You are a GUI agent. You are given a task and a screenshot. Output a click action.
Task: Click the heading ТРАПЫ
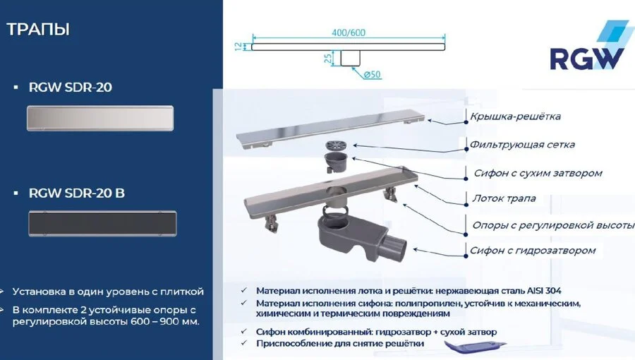[38, 30]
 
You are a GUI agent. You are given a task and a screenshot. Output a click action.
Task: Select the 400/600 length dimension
[348, 33]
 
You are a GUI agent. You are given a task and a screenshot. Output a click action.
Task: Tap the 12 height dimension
[238, 46]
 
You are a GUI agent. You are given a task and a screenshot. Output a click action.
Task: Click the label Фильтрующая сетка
[522, 145]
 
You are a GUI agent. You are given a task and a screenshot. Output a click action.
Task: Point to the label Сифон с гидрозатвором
[533, 250]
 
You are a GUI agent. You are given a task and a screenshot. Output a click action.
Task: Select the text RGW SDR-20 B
[77, 193]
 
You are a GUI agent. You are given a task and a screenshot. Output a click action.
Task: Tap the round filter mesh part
[336, 145]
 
